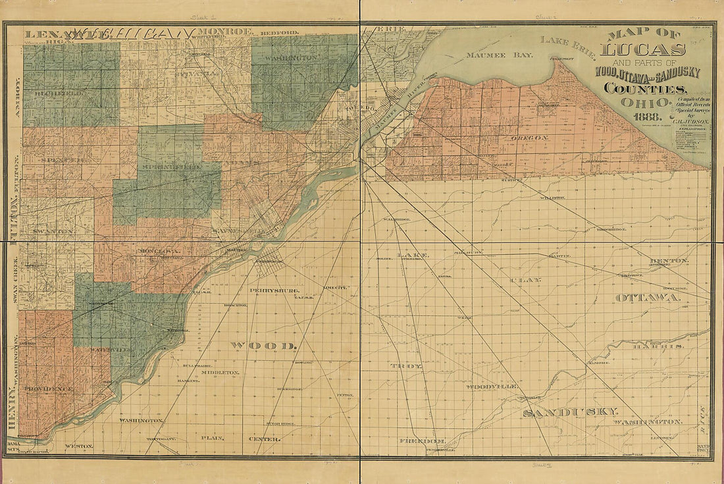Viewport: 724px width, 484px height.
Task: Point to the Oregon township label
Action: [x=528, y=138]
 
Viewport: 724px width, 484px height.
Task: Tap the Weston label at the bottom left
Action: [x=79, y=446]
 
